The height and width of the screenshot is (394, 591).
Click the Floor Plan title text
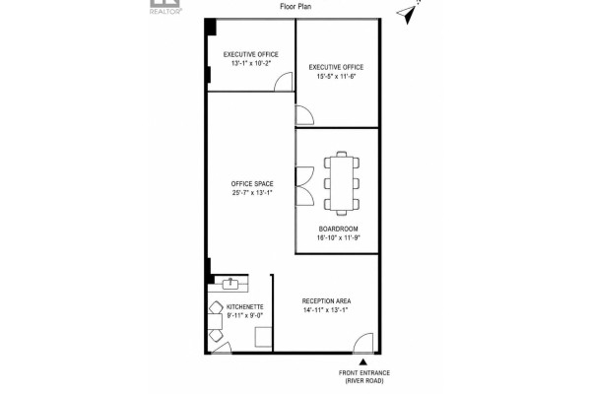295,7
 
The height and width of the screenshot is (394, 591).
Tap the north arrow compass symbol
407,14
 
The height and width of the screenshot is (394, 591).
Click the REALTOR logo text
165,11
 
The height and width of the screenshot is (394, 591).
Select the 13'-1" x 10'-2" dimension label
251,63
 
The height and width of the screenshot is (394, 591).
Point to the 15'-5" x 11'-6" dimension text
336,76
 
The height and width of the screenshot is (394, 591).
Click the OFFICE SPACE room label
252,183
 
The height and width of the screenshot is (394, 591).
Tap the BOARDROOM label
339,229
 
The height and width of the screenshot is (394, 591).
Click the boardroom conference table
342,183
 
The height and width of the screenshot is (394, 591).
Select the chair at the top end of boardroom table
342,154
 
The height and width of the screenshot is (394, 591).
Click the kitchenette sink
230,283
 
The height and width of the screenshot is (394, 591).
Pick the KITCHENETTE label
245,307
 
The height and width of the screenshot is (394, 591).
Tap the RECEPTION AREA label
326,300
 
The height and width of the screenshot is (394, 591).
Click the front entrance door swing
363,343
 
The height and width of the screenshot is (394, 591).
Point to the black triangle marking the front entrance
362,361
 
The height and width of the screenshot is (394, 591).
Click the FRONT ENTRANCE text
364,373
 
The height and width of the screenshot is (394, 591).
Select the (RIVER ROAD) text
364,381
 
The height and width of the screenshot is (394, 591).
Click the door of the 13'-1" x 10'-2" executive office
283,82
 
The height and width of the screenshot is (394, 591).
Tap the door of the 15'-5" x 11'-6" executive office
304,115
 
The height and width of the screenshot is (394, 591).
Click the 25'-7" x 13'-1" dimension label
252,193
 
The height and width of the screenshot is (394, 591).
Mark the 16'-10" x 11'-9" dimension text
339,237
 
